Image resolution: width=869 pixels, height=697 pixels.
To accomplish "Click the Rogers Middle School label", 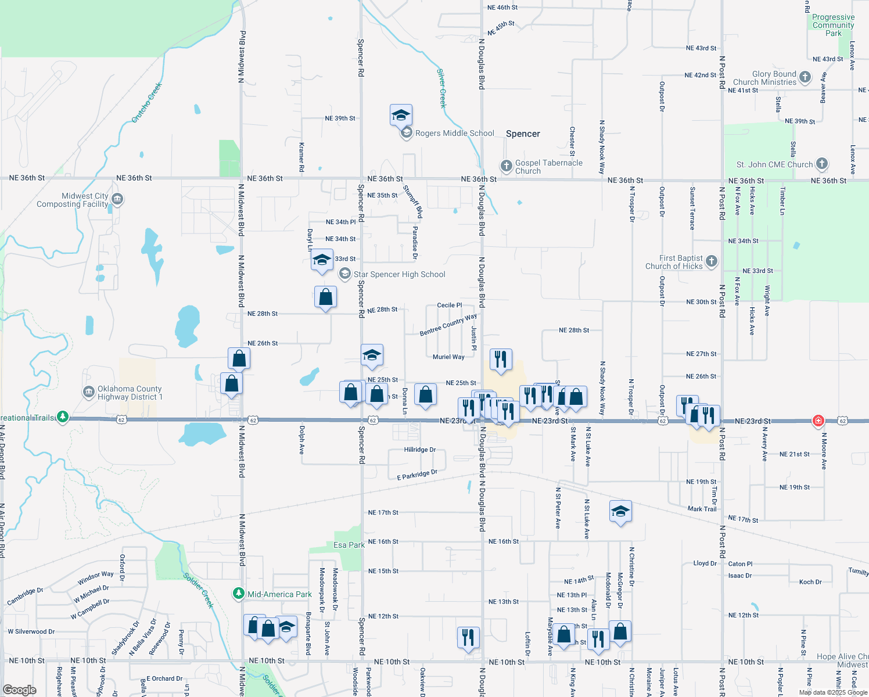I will point(454,134).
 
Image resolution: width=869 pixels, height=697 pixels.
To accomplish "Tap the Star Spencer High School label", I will point(399,275).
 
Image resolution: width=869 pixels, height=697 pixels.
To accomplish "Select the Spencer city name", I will point(523,134).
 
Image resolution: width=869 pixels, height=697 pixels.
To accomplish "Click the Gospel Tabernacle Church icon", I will point(506,166).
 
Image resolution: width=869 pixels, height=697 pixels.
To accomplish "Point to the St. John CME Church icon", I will point(821,164).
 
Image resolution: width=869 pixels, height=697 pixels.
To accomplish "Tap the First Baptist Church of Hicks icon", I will point(712,261).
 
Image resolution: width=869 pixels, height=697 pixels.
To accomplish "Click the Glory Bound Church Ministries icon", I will point(805,77).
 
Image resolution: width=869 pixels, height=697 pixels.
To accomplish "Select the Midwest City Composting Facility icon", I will point(117,199).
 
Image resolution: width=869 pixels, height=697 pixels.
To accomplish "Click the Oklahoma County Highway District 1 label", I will point(130,393).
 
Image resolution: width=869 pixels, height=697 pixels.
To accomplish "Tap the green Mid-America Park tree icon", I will point(238,594).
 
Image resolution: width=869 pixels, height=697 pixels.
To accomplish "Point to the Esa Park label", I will point(349,545).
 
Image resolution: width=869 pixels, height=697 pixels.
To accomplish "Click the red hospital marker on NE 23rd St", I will point(818,421).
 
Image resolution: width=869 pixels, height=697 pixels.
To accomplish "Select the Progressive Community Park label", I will point(833,26).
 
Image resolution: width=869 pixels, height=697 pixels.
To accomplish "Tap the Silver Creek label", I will point(441,88).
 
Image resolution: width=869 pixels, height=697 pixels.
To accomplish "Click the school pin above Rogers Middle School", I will point(401,115).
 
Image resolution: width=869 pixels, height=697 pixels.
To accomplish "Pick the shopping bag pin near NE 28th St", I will point(325,297).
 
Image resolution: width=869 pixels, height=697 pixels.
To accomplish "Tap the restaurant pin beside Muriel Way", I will point(501,360).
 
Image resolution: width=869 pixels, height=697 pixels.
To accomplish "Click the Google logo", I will point(20,690).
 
